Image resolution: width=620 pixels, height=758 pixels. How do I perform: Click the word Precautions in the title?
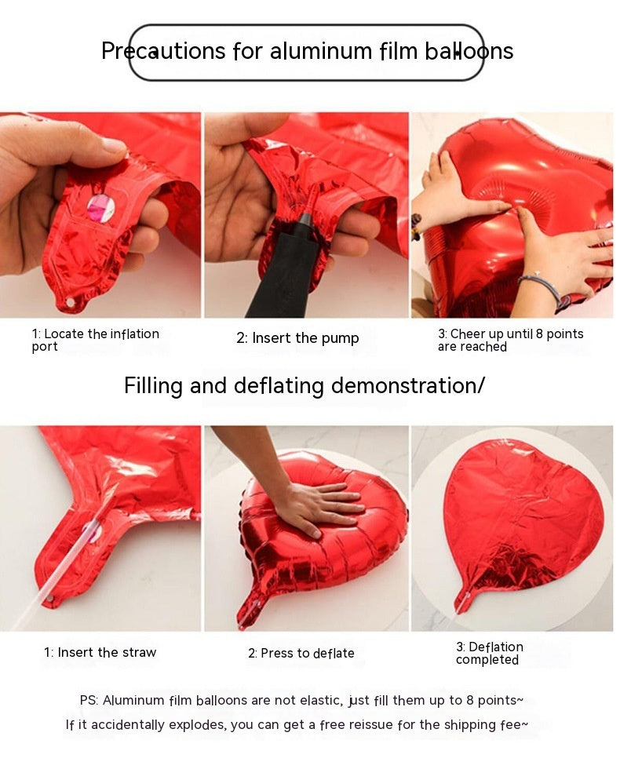pos(163,52)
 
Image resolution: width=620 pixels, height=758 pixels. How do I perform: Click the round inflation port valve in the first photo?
pos(100,208)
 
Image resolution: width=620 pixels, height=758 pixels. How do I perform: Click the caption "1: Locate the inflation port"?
pos(95,340)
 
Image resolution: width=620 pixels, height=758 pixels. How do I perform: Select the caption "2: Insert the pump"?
pos(297,338)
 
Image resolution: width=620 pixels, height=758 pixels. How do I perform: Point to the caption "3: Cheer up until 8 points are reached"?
pos(510,340)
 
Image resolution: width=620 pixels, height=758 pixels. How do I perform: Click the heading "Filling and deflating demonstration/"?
pos(305,386)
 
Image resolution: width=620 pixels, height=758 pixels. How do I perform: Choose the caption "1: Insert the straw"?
pos(100,652)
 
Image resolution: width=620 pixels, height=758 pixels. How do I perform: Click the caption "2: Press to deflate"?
pos(301,653)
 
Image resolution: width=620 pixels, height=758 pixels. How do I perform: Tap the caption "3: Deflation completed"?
pos(489,653)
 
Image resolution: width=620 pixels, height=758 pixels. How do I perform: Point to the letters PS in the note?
pos(89,700)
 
